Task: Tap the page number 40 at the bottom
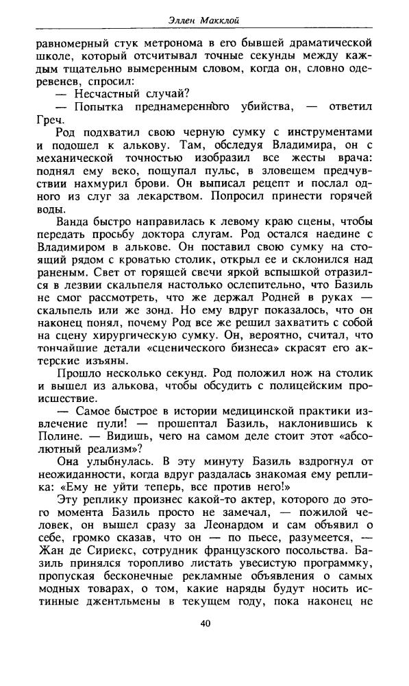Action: coord(206,643)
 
